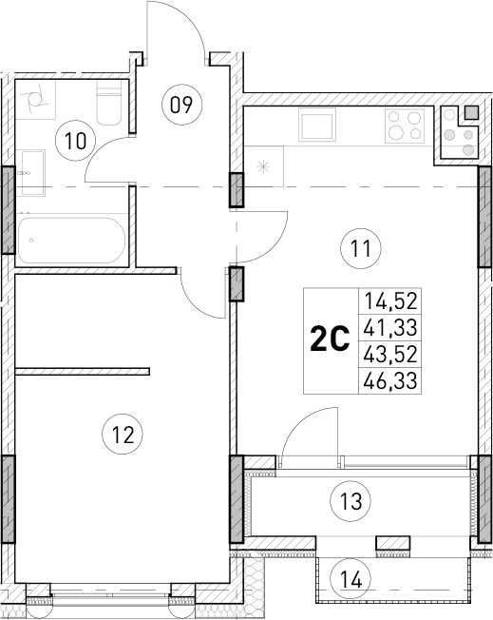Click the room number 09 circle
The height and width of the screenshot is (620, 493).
coord(180,104)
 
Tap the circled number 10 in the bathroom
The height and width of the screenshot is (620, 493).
coord(75,141)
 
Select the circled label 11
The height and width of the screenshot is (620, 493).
coord(359,250)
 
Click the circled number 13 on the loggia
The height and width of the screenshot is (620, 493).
coord(351,498)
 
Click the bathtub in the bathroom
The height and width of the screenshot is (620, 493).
coord(72,241)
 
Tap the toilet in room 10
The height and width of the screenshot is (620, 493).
coord(107,106)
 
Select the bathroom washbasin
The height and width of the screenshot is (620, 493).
coord(30,172)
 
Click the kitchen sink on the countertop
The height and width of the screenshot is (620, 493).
coord(317,125)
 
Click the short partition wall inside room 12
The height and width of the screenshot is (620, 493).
coord(84,370)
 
